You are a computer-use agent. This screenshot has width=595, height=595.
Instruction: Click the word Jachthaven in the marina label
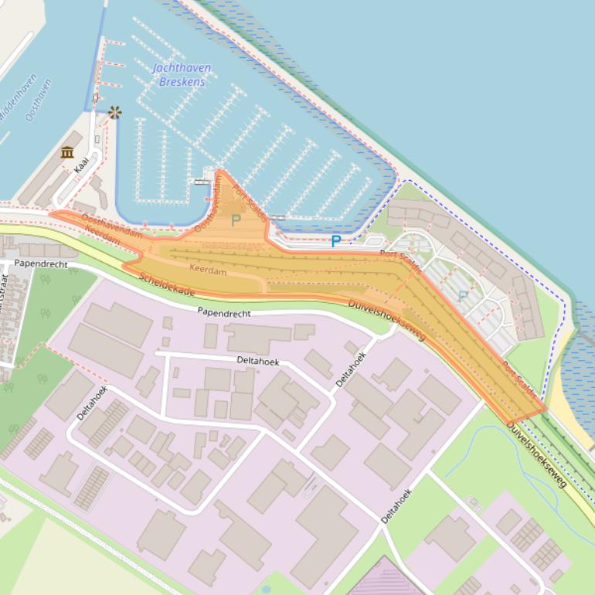pyautogui.click(x=182, y=68)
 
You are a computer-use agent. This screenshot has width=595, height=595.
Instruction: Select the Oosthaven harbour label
pyautogui.click(x=38, y=100)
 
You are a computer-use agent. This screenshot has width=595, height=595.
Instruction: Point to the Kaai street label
pyautogui.click(x=81, y=165)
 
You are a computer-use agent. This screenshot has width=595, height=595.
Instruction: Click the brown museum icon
pyautogui.click(x=67, y=151)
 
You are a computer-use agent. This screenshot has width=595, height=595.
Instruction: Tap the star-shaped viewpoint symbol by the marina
pyautogui.click(x=115, y=113)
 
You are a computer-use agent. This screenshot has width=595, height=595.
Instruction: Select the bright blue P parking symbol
pyautogui.click(x=336, y=242)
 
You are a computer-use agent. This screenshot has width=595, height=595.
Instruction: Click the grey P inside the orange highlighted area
pyautogui.click(x=236, y=220)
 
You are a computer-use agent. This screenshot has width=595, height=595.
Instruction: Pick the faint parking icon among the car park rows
pyautogui.click(x=463, y=295)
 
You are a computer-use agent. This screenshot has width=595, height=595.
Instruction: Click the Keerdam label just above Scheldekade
pyautogui.click(x=209, y=270)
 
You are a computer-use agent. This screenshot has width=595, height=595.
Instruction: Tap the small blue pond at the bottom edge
pyautogui.click(x=266, y=589)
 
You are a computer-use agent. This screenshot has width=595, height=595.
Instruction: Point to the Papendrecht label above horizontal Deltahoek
pyautogui.click(x=225, y=311)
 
